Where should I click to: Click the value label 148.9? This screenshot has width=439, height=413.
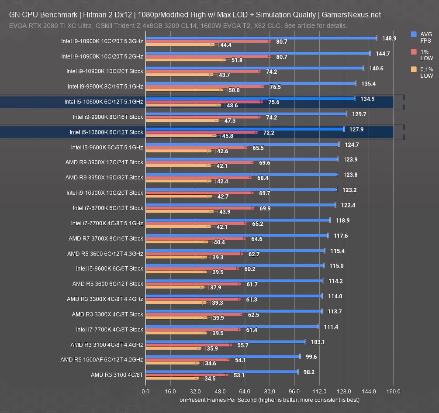tap(388, 38)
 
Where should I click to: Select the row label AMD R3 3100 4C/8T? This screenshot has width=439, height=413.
tap(117, 375)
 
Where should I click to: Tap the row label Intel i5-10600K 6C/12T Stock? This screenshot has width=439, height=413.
tap(106, 132)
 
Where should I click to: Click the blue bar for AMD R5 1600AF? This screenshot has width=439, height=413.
tap(223, 357)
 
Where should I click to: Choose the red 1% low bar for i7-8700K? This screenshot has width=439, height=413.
tap(199, 208)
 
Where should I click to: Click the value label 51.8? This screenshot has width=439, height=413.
tap(237, 60)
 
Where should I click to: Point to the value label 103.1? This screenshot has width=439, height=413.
tap(318, 342)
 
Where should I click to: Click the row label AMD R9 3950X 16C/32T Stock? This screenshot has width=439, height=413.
tap(104, 178)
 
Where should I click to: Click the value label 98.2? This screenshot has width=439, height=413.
tap(309, 372)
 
